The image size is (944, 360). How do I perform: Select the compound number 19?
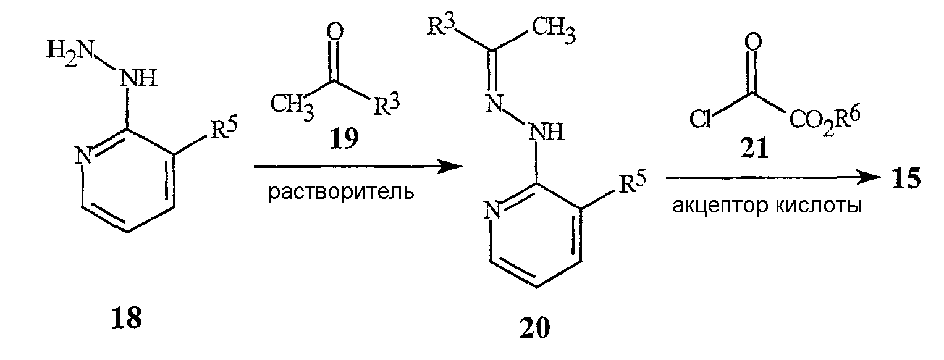point(344,138)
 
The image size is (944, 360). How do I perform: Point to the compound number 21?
point(754,149)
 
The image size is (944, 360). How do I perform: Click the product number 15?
point(906,178)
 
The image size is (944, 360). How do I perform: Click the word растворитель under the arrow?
point(341,193)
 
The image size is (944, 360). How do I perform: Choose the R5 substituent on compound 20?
point(632,182)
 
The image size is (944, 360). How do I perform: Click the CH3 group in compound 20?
point(554,30)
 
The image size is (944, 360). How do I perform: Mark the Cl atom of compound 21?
point(701,119)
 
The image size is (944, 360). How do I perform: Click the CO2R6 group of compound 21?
point(824,120)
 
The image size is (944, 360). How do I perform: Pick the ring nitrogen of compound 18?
point(85,156)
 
